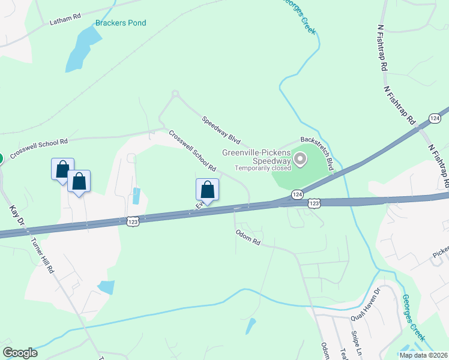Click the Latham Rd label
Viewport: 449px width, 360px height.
[65, 20]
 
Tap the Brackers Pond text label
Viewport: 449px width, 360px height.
[121, 23]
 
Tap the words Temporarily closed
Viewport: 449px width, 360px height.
[262, 168]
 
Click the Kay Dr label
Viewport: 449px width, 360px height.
[16, 218]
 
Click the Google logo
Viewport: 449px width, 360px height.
[20, 353]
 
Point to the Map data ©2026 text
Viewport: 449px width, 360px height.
[423, 355]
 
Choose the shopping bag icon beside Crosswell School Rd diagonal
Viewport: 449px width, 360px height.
[207, 190]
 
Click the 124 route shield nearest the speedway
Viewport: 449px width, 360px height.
[297, 194]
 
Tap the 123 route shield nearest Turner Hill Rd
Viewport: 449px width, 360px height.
[133, 222]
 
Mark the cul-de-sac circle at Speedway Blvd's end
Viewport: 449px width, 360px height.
[175, 93]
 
